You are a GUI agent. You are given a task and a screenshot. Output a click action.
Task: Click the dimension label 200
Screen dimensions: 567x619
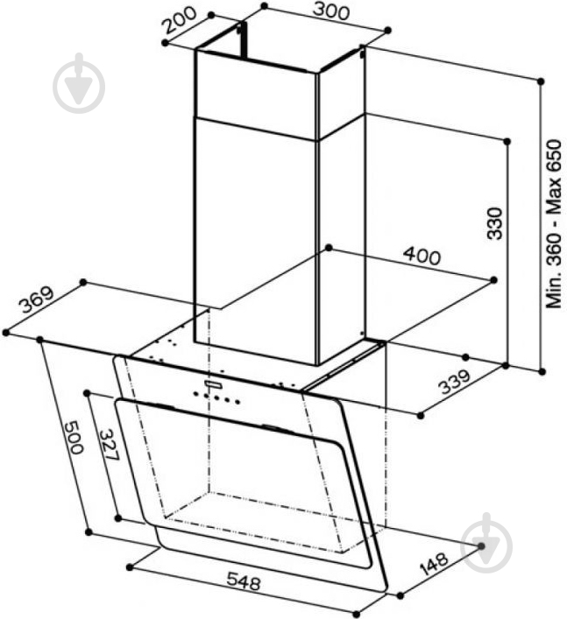(180, 20)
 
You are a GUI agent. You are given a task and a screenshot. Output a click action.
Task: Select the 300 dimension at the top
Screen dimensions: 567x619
(331, 12)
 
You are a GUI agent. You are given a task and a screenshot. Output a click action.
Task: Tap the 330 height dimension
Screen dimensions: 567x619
(494, 223)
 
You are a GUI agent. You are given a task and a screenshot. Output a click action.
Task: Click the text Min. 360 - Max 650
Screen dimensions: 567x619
(554, 223)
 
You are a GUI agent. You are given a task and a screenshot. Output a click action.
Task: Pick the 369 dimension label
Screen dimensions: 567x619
(37, 299)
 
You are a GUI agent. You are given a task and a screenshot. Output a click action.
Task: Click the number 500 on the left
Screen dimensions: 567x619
(74, 438)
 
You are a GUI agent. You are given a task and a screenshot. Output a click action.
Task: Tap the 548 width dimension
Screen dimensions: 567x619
(244, 582)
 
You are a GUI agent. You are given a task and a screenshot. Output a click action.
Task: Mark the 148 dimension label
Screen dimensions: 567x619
(434, 563)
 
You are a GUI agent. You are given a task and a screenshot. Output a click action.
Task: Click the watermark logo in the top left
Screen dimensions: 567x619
(79, 83)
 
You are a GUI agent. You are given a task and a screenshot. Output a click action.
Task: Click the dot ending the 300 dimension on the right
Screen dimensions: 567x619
(388, 30)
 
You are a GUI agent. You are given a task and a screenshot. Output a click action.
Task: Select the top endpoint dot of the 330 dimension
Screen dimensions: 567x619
(507, 141)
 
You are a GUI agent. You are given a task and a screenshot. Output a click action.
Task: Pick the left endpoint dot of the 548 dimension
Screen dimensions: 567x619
(130, 567)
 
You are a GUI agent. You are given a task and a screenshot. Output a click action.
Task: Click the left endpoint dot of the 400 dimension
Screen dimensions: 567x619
(329, 248)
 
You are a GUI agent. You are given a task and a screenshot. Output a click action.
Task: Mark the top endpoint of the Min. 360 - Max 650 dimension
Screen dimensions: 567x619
(541, 81)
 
